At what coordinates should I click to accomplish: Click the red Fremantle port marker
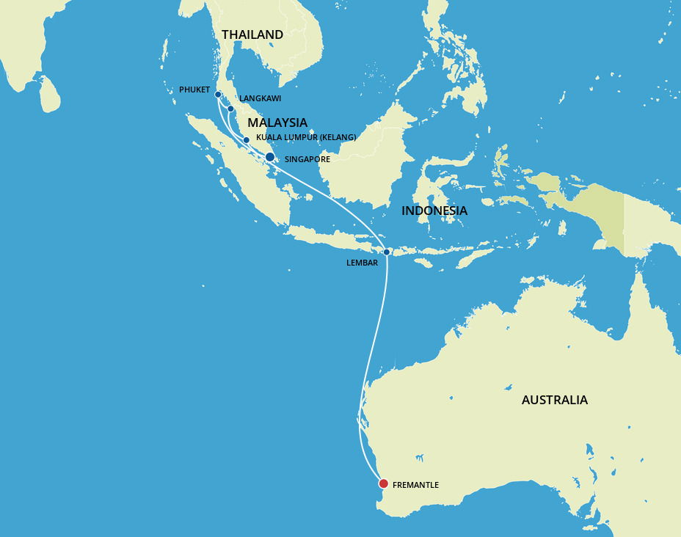(x=383, y=483)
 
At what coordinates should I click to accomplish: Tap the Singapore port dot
(x=270, y=157)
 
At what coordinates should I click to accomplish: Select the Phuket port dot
(x=218, y=95)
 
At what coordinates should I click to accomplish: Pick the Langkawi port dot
(x=230, y=109)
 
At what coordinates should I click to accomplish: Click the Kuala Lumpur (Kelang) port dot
(x=246, y=139)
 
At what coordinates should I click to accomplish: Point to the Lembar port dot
(x=387, y=252)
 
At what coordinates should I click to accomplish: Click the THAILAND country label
(x=252, y=34)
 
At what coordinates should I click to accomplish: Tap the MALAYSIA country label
(x=277, y=123)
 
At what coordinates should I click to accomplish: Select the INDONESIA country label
(x=434, y=211)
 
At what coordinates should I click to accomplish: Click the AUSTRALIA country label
(x=555, y=400)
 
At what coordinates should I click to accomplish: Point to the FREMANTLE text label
(x=415, y=485)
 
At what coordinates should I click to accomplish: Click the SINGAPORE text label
(x=307, y=159)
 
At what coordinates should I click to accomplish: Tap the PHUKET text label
(x=194, y=89)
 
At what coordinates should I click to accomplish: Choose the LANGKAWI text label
(x=260, y=98)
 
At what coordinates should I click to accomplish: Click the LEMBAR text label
(x=362, y=263)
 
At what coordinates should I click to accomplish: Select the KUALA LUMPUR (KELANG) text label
(x=306, y=137)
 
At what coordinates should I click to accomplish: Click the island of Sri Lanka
(x=50, y=96)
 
